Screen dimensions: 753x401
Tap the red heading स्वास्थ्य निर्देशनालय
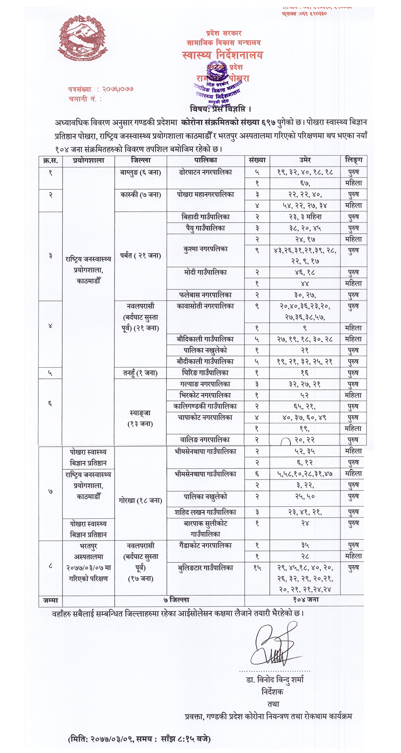(223, 55)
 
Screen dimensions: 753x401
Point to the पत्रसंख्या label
(80, 89)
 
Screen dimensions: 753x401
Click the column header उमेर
(305, 160)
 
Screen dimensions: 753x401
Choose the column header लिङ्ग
(354, 160)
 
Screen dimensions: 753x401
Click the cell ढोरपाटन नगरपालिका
(206, 172)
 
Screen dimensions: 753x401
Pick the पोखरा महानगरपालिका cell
(206, 194)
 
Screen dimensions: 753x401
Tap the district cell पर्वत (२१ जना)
(140, 255)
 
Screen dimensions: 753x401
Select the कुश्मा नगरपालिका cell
(206, 249)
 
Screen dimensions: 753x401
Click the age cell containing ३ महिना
(305, 217)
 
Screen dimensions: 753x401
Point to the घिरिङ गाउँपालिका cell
(206, 373)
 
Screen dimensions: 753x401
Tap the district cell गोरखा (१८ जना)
(140, 501)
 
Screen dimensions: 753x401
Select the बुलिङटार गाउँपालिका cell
(206, 568)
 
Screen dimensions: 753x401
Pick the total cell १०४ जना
(306, 600)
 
